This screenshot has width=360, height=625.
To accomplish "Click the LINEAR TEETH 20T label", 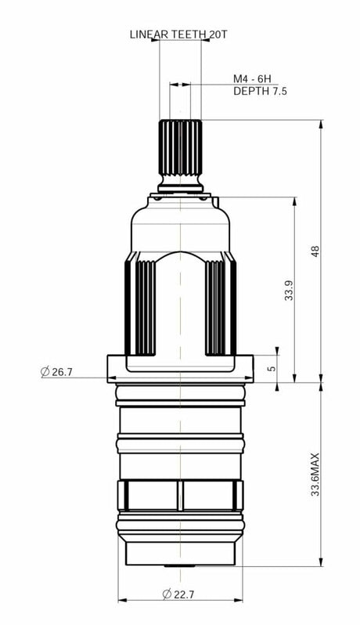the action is click(x=178, y=34).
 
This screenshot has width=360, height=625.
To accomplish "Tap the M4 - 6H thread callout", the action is click(x=252, y=78).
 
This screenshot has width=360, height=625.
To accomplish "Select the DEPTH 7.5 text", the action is click(x=260, y=91).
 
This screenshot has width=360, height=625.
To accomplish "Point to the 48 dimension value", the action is click(x=315, y=251).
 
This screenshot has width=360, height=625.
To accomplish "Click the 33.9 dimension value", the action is click(x=289, y=290).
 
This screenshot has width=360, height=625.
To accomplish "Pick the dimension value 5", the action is click(x=272, y=368).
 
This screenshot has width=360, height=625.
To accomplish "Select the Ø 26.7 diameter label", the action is click(x=56, y=372).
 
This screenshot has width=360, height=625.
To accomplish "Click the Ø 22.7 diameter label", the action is click(x=178, y=594).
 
